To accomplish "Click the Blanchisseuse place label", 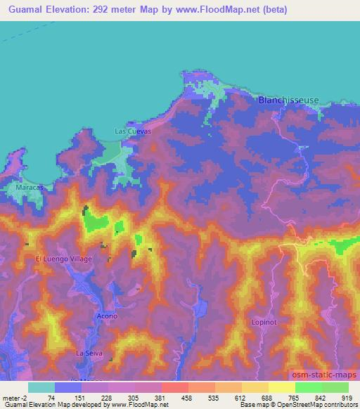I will [288, 100].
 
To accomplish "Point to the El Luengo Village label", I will [64, 259].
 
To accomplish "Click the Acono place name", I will [106, 317].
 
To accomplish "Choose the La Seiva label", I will [89, 352].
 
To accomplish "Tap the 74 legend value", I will [51, 398].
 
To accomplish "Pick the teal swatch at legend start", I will [41, 387].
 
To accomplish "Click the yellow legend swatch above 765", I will [282, 387].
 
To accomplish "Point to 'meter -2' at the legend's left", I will [14, 398].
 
